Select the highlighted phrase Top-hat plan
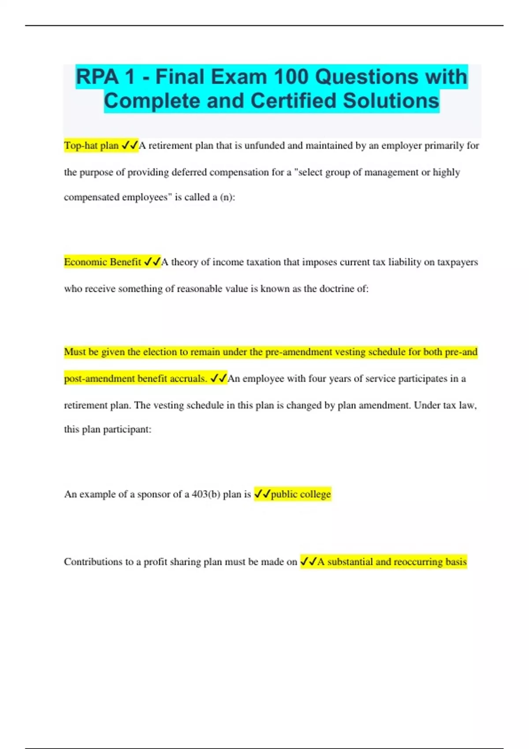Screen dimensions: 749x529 coord(91,145)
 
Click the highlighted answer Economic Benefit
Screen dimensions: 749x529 coord(102,262)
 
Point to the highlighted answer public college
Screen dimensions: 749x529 coord(301,494)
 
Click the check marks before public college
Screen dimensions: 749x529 coord(262,494)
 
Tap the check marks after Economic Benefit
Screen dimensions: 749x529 coord(153,262)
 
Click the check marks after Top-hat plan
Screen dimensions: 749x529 coord(130,145)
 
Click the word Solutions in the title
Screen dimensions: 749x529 coord(391,101)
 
